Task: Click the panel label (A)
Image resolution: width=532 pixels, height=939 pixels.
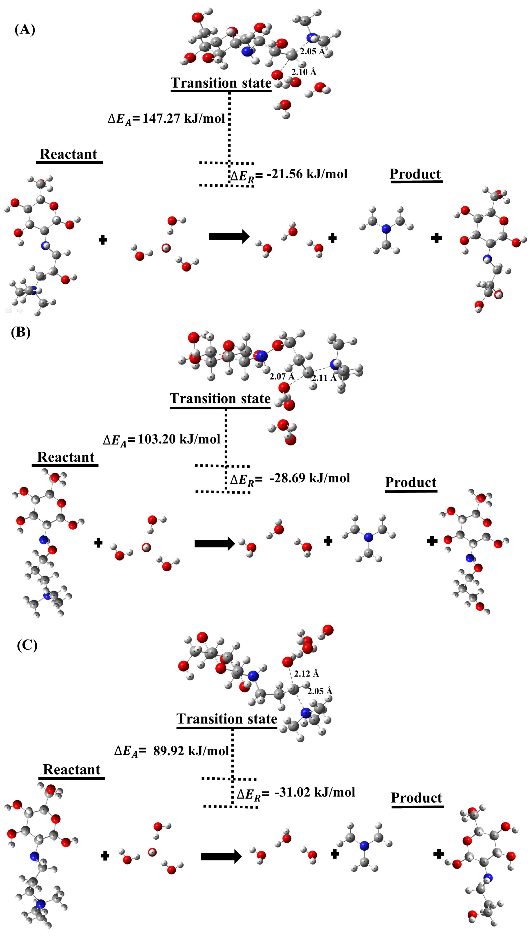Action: coord(25,29)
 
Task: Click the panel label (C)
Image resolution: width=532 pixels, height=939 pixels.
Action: coord(27,645)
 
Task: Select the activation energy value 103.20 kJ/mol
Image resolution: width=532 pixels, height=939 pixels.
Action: coord(179,439)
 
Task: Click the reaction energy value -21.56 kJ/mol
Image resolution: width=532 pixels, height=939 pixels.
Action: coord(307,174)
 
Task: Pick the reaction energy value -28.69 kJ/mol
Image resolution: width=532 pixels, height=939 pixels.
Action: coord(310,478)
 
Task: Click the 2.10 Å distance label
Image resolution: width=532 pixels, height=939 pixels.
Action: coord(304,72)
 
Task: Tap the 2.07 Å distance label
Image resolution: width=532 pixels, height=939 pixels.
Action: coord(282,376)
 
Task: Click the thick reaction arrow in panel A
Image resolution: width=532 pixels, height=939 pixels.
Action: coord(229,237)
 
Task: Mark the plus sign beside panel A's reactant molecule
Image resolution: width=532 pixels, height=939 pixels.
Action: coord(103,240)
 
